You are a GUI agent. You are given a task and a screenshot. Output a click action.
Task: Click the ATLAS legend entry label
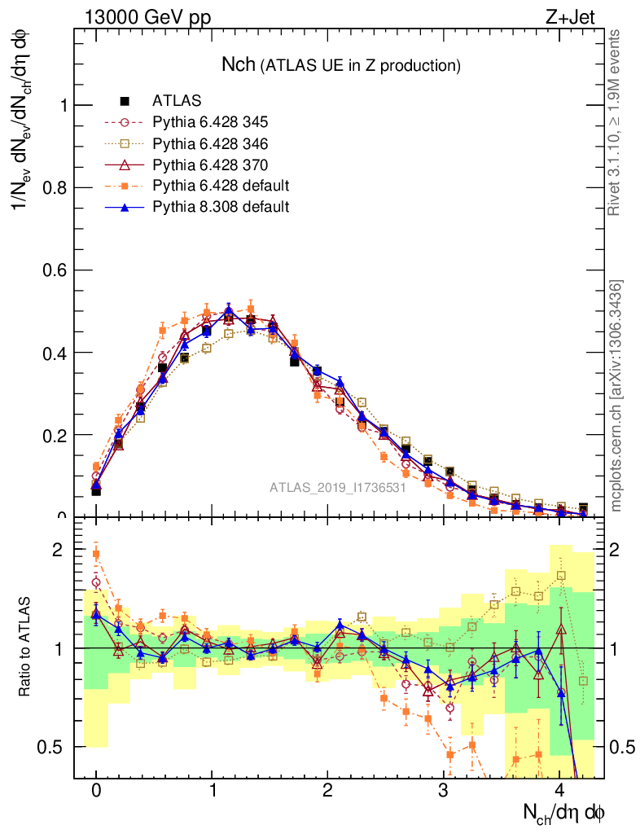point(177,101)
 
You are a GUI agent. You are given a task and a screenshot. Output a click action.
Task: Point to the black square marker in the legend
point(125,101)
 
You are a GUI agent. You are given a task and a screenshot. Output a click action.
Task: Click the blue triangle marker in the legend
point(125,208)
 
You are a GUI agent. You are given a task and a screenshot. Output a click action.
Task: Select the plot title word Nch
point(239,64)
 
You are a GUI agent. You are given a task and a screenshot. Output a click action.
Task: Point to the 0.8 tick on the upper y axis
point(58,187)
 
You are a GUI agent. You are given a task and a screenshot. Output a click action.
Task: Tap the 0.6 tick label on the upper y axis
point(58,270)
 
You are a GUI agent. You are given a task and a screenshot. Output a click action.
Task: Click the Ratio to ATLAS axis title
point(28,647)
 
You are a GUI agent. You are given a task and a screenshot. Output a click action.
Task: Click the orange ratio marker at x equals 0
point(96,554)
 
